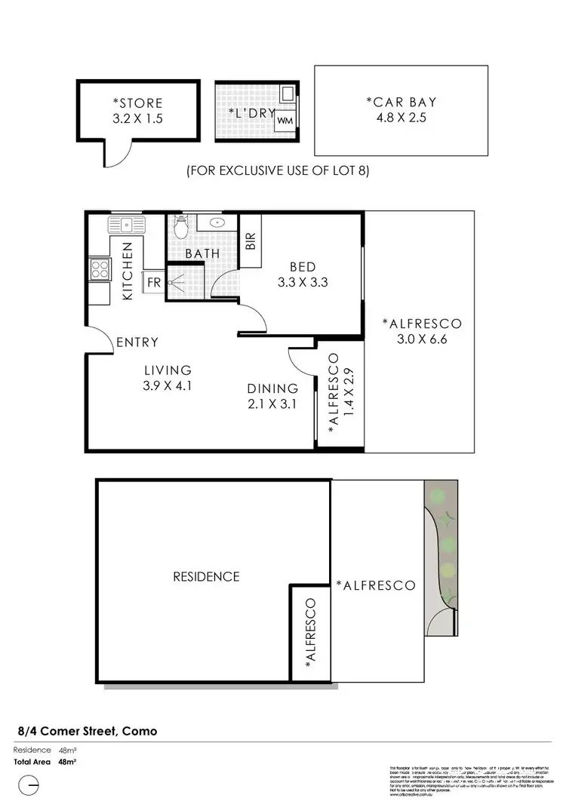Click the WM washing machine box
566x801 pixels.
coord(285,120)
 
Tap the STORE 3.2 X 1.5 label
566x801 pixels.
coord(137,110)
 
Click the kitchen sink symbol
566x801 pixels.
coord(125,224)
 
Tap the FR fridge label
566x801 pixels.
coord(153,282)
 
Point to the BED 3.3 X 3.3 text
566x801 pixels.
coord(302,275)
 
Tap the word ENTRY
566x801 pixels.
coord(137,342)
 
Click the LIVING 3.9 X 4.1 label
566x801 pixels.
coord(168,377)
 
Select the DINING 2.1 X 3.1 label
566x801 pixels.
coord(272,396)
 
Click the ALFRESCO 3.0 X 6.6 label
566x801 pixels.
coord(421,331)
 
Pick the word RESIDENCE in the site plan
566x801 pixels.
coord(206,577)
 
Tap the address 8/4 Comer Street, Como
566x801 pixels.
coord(88,731)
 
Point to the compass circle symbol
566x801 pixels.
coord(28,786)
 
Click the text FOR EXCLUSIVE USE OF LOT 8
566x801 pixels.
coord(278,171)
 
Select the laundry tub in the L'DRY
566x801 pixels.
coord(288,94)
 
